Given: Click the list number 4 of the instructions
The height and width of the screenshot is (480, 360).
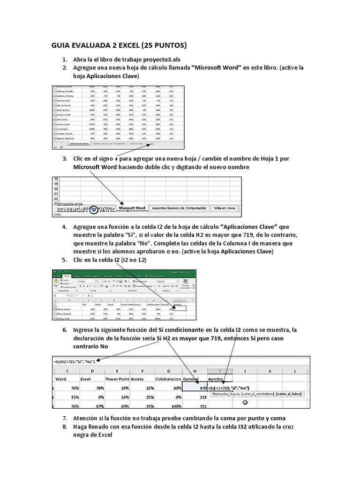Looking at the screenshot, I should [65, 227].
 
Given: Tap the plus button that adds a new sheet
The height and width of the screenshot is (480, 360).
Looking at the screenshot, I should [151, 144].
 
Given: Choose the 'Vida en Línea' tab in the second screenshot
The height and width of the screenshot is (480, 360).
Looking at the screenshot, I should [224, 208].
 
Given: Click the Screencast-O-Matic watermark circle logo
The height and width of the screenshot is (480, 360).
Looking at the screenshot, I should [94, 210].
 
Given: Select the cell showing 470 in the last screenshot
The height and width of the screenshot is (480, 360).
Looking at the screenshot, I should [193, 388].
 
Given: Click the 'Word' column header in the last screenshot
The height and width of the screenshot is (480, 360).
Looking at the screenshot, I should [61, 378].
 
